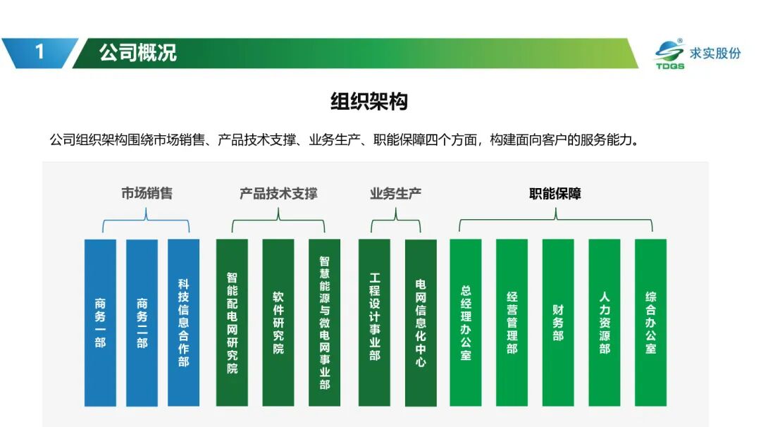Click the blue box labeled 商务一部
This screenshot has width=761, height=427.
(x=100, y=323)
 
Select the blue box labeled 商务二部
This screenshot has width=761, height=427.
(x=142, y=323)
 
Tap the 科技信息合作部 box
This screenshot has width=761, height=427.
(x=183, y=323)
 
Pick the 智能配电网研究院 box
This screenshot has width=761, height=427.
(x=232, y=323)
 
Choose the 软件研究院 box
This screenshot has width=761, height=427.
(x=278, y=323)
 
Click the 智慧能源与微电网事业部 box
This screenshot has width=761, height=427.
(x=325, y=323)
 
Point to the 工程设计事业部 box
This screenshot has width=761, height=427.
(x=374, y=323)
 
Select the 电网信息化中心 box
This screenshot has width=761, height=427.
(x=421, y=323)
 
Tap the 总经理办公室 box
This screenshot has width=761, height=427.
(x=466, y=323)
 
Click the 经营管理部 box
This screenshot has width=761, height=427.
(x=512, y=323)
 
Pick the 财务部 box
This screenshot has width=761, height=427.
(x=558, y=323)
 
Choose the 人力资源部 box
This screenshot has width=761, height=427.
(x=605, y=323)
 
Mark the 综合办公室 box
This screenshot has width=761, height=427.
(x=651, y=323)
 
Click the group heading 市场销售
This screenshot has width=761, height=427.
(x=147, y=193)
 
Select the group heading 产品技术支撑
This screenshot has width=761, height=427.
(x=278, y=194)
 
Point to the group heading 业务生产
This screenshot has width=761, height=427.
(x=395, y=194)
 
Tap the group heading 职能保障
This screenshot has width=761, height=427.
(x=555, y=194)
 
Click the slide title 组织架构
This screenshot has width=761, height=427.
(x=369, y=101)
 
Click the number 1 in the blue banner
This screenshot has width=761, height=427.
(x=39, y=52)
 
